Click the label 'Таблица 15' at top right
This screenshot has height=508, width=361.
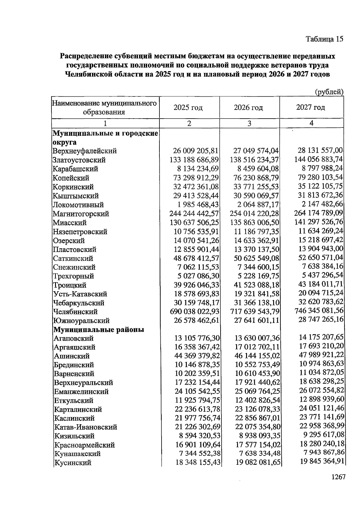coord(324,39)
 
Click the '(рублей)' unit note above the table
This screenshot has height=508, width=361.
coord(329,92)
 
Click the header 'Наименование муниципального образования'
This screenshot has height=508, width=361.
coord(104,108)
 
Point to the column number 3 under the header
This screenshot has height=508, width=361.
coord(249,123)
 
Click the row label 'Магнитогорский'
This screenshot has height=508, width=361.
coord(81,214)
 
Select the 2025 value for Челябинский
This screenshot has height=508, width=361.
coord(195,312)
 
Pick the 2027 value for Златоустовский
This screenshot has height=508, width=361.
coord(319,159)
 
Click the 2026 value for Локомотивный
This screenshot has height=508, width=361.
coord(257,205)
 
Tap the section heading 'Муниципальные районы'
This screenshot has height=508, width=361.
coord(99,330)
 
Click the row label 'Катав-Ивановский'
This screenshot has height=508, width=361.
coord(85,427)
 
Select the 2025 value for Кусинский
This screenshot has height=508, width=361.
coord(198,463)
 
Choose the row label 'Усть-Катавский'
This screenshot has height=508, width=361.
coord(80,294)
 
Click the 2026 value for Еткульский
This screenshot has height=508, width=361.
coord(258,401)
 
